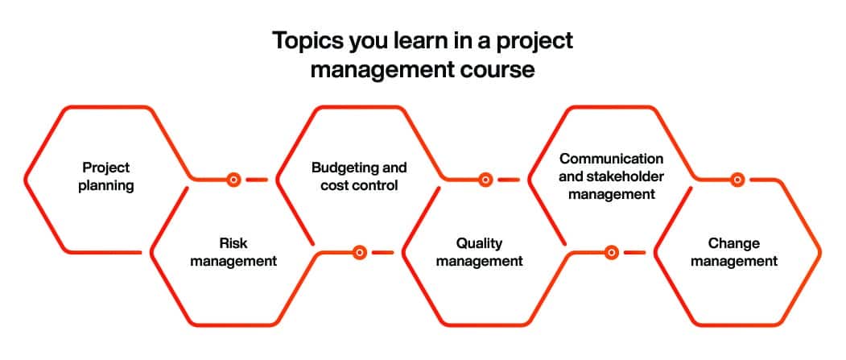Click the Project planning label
click(105, 176)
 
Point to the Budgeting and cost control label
click(359, 176)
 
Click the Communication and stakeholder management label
click(612, 176)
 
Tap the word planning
click(105, 185)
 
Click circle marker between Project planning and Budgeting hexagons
click(233, 180)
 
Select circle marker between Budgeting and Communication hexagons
click(485, 180)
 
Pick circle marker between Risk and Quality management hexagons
click(360, 253)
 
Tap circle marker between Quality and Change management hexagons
click(611, 253)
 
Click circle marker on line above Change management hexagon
click(737, 180)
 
